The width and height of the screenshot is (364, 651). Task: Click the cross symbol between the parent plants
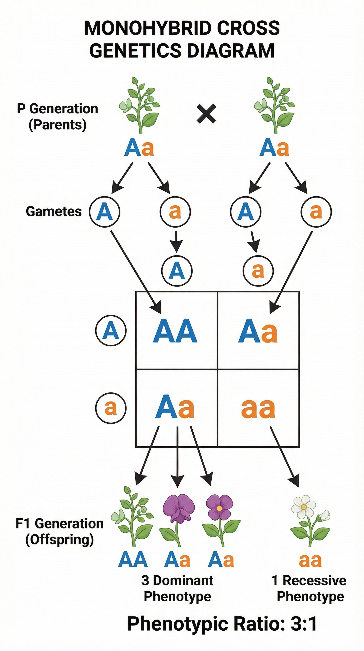[x=206, y=114]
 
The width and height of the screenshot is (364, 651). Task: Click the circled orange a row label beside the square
[x=111, y=408]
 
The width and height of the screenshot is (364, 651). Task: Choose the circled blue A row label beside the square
[x=111, y=330]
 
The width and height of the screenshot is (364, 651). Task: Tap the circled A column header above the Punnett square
[x=177, y=271]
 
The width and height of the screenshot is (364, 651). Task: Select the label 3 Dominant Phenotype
[x=177, y=588]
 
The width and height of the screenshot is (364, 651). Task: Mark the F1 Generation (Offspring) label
[x=59, y=531]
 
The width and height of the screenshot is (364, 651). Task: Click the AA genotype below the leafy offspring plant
[x=133, y=560]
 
